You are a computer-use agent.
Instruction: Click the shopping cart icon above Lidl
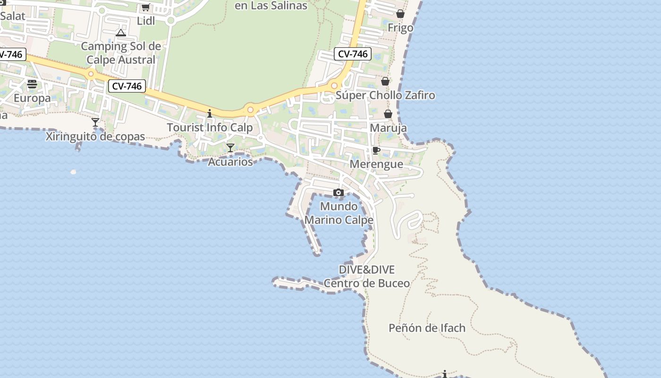(146, 8)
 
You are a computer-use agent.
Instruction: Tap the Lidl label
(146, 21)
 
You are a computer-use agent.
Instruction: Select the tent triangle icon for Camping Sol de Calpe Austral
(121, 33)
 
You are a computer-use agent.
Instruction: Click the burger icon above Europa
(32, 84)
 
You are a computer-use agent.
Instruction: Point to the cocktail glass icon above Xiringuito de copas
(95, 122)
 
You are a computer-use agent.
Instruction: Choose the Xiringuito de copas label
(95, 137)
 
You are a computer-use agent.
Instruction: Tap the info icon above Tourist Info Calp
(210, 113)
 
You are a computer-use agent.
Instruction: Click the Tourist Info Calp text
(210, 128)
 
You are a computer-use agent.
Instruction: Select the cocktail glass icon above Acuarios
(230, 148)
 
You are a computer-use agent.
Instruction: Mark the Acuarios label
(230, 162)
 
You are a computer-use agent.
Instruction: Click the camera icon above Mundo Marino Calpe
(339, 192)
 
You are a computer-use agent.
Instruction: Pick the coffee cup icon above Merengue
(376, 150)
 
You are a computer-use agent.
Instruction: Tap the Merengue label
(376, 164)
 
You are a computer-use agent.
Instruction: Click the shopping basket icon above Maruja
(388, 114)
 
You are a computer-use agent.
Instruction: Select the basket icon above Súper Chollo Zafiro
(385, 81)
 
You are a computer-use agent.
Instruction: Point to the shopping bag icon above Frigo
(400, 14)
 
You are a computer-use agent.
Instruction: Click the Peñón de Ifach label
(427, 328)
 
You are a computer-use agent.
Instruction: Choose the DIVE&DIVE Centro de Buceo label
(367, 276)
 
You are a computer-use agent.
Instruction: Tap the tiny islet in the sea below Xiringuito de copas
(73, 172)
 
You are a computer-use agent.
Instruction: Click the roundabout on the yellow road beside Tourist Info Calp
(250, 110)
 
